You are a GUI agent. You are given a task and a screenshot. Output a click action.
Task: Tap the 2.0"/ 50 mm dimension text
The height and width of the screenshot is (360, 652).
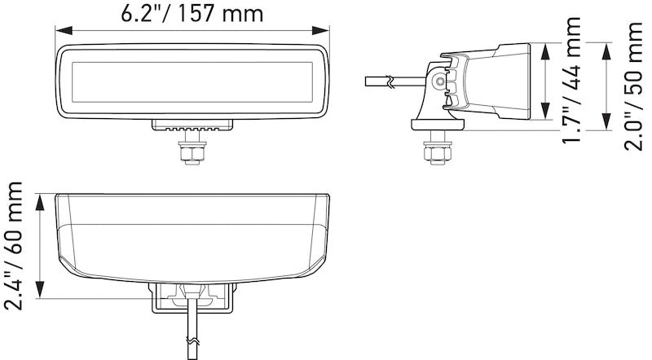point(632,86)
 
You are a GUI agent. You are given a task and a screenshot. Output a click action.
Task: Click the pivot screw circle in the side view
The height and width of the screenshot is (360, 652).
point(441,82)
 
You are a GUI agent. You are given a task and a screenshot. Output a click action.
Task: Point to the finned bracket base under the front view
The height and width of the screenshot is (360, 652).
point(193,125)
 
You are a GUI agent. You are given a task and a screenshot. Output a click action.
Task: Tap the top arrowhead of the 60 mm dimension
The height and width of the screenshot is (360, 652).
point(40,197)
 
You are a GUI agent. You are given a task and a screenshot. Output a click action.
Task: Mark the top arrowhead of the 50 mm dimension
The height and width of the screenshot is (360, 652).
point(605,46)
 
